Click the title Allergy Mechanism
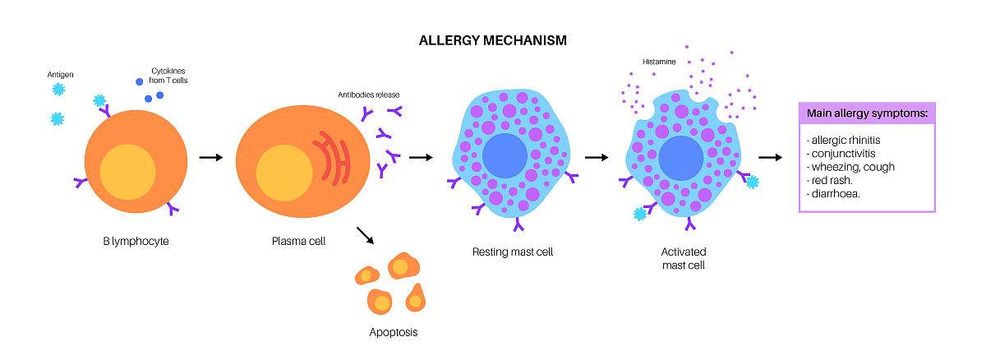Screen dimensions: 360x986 tap(492, 39)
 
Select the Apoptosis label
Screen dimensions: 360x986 tap(394, 333)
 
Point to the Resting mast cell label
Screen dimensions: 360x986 tap(513, 252)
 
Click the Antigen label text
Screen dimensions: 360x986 tap(61, 76)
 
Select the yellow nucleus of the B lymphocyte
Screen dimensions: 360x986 tap(127, 171)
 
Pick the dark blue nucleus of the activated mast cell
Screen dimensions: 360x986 tap(681, 158)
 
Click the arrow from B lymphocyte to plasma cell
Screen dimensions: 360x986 tap(211, 157)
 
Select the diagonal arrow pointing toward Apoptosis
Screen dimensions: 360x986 tap(366, 235)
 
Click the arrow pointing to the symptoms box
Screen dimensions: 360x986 tap(769, 157)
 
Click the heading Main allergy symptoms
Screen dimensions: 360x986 tap(867, 113)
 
